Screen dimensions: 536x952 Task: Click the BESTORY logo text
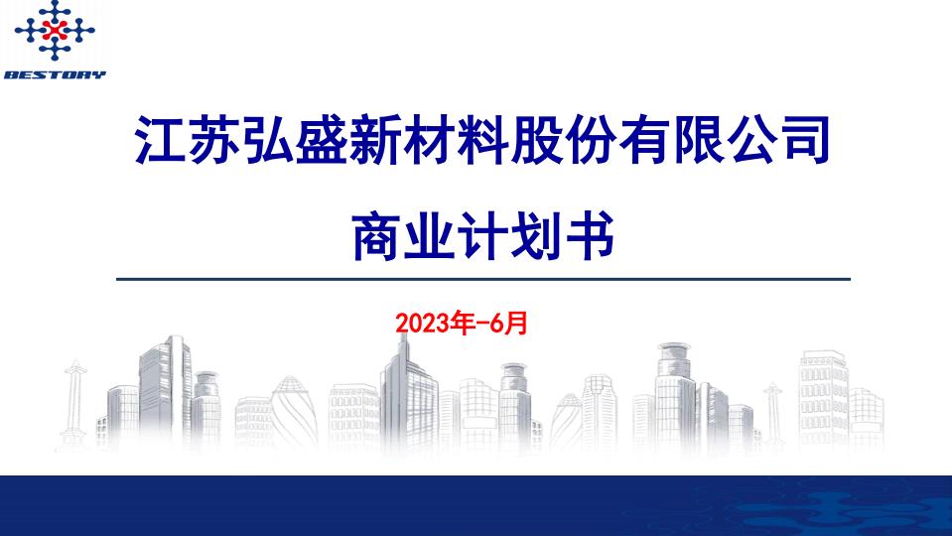click(55, 74)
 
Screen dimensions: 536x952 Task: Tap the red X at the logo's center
click(55, 31)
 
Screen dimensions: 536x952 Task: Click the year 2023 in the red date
click(417, 323)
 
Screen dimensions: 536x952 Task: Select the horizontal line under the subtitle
click(482, 279)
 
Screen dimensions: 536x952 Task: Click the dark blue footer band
click(476, 505)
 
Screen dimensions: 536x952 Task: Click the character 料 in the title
click(482, 142)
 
